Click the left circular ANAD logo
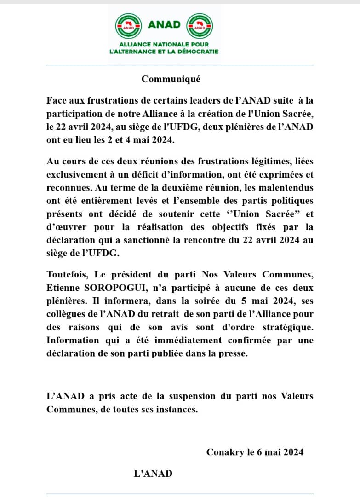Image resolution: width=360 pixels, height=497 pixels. (128, 26)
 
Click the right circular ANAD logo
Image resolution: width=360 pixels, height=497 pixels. (200, 26)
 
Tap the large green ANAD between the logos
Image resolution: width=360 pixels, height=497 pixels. (164, 24)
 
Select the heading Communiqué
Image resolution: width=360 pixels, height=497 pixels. (171, 79)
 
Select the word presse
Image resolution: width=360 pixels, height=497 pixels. (234, 353)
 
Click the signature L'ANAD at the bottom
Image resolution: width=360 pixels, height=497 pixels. (153, 473)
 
